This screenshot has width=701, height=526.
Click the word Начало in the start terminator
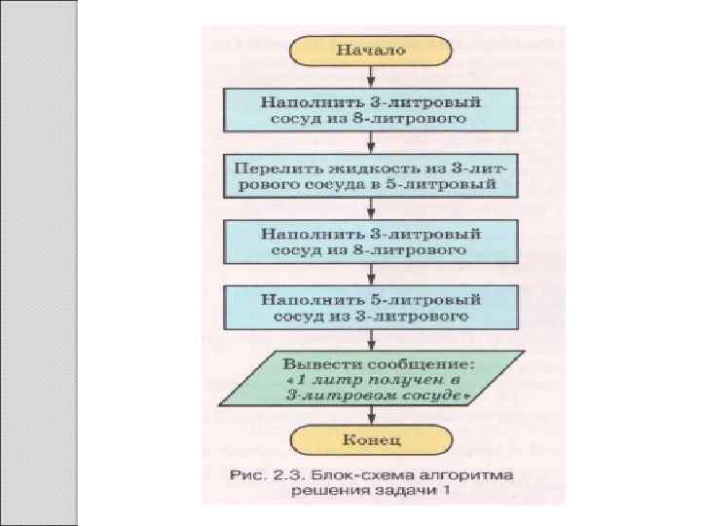coord(371,49)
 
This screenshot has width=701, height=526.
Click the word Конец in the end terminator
coord(371,439)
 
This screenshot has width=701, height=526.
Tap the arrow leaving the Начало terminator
coord(371,75)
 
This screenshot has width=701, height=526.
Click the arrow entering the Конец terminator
coord(371,417)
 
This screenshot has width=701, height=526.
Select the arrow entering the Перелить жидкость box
coord(371,142)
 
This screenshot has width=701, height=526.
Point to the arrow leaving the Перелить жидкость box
coord(371,208)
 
